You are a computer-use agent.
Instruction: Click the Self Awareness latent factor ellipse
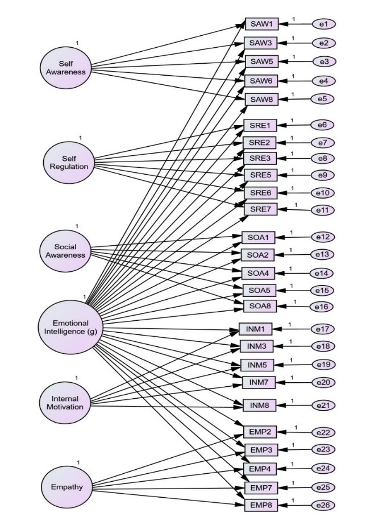(x=68, y=68)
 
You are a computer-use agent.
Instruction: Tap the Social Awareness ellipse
(x=65, y=251)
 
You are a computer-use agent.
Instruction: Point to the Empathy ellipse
(x=66, y=486)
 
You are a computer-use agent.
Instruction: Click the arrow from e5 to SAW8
(x=296, y=99)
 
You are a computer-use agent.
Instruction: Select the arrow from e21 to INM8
(x=293, y=406)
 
